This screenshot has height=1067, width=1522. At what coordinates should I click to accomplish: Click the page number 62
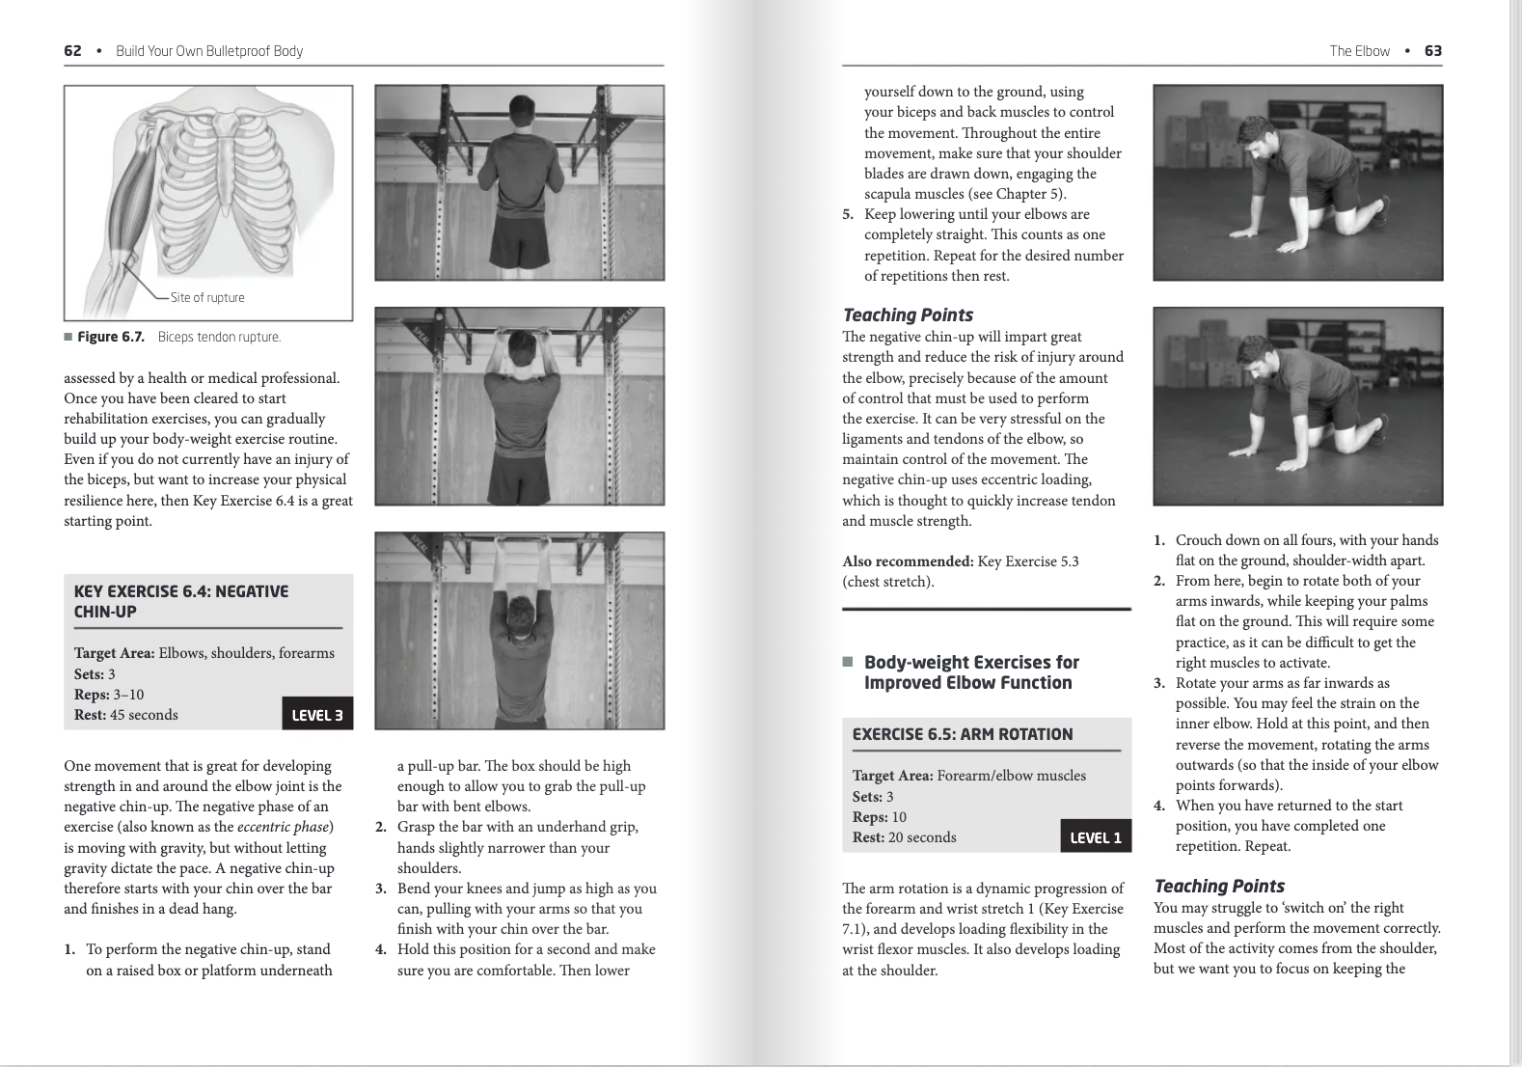[72, 51]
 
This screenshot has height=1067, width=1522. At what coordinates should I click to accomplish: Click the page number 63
[1433, 51]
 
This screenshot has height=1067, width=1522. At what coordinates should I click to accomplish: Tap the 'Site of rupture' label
[207, 297]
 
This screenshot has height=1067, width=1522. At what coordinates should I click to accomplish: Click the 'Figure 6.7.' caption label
[111, 337]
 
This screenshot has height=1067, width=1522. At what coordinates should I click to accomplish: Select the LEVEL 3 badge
[317, 715]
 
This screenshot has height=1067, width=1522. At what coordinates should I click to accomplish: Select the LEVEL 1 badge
[1096, 837]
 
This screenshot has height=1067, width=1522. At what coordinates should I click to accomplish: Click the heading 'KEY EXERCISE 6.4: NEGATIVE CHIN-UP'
[181, 601]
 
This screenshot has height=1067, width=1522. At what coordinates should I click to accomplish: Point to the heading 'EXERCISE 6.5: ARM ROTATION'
[963, 734]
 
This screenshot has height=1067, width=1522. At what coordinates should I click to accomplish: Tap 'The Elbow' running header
[1359, 51]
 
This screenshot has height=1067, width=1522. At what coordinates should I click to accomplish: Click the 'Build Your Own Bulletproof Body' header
[209, 51]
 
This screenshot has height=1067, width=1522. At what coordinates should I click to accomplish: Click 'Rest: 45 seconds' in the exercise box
[126, 715]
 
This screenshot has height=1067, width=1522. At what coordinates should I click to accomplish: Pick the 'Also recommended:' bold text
[908, 561]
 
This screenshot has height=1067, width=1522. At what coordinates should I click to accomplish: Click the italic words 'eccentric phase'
[284, 827]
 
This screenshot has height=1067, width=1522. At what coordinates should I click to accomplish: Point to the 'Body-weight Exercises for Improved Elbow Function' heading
[971, 672]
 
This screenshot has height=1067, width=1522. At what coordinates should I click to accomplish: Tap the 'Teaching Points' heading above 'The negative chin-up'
[908, 315]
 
